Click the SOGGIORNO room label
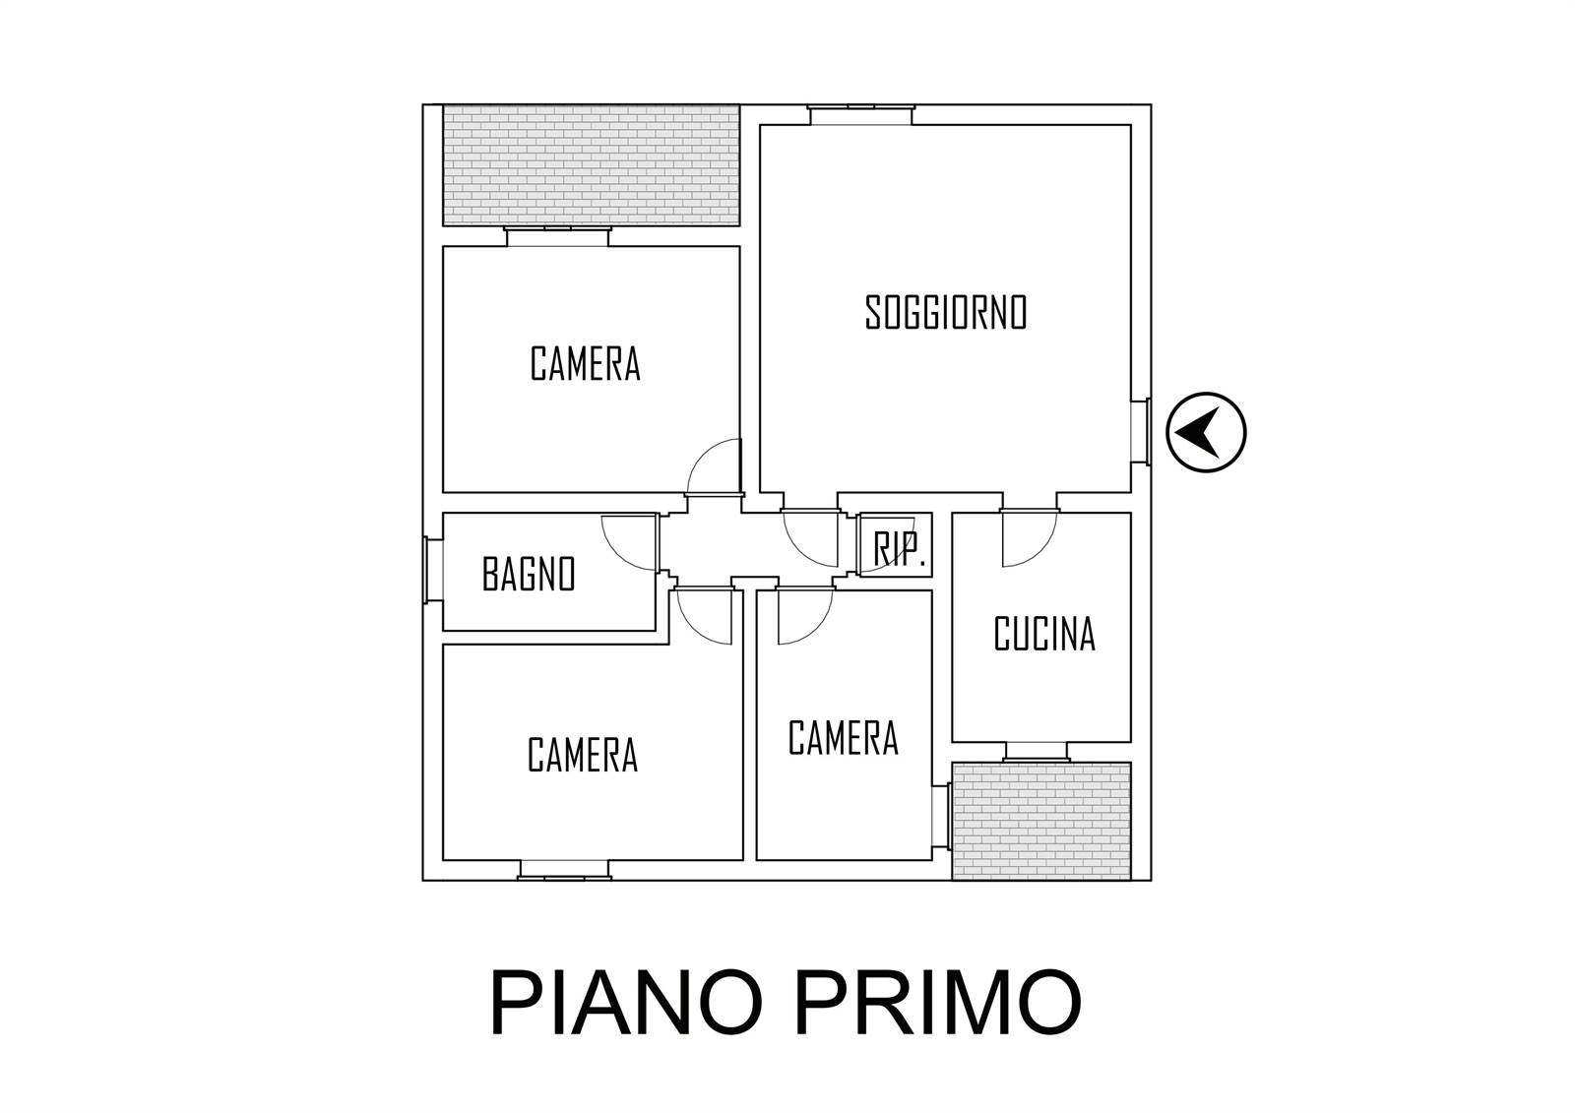point(946,313)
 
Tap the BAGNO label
point(529,574)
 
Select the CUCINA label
point(1044,634)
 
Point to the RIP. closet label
point(898,549)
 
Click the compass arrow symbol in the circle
point(1201,432)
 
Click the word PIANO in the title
point(626,1004)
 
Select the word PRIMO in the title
point(938,1004)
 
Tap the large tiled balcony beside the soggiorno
point(592,165)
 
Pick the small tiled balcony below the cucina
point(1041,821)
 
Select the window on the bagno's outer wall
point(433,570)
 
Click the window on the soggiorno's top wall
point(861,115)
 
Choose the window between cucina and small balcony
point(1037,752)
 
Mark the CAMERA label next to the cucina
point(843,737)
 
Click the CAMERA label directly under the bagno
point(583,755)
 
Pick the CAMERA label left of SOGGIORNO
point(585,363)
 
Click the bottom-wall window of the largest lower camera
point(564,870)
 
